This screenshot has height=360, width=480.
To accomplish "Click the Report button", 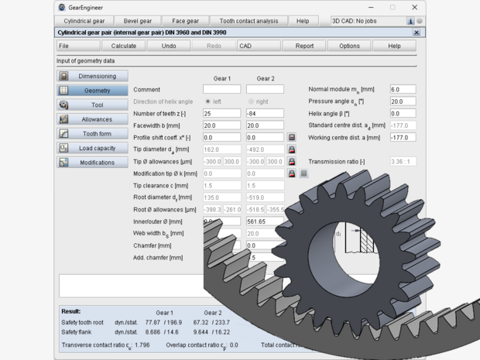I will pos(304,46).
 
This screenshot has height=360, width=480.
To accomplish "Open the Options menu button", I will pos(349,46).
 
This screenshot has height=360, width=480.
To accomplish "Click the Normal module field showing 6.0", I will pos(402,90).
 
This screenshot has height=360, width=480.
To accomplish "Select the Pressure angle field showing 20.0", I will pos(402,101).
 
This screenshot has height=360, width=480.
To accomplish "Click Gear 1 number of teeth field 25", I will pos(221,114).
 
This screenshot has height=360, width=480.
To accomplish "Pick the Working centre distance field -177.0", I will pos(402,138).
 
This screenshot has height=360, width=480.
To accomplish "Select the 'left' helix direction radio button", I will pos(208,101).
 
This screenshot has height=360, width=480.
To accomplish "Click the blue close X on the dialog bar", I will pos(417,33).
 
